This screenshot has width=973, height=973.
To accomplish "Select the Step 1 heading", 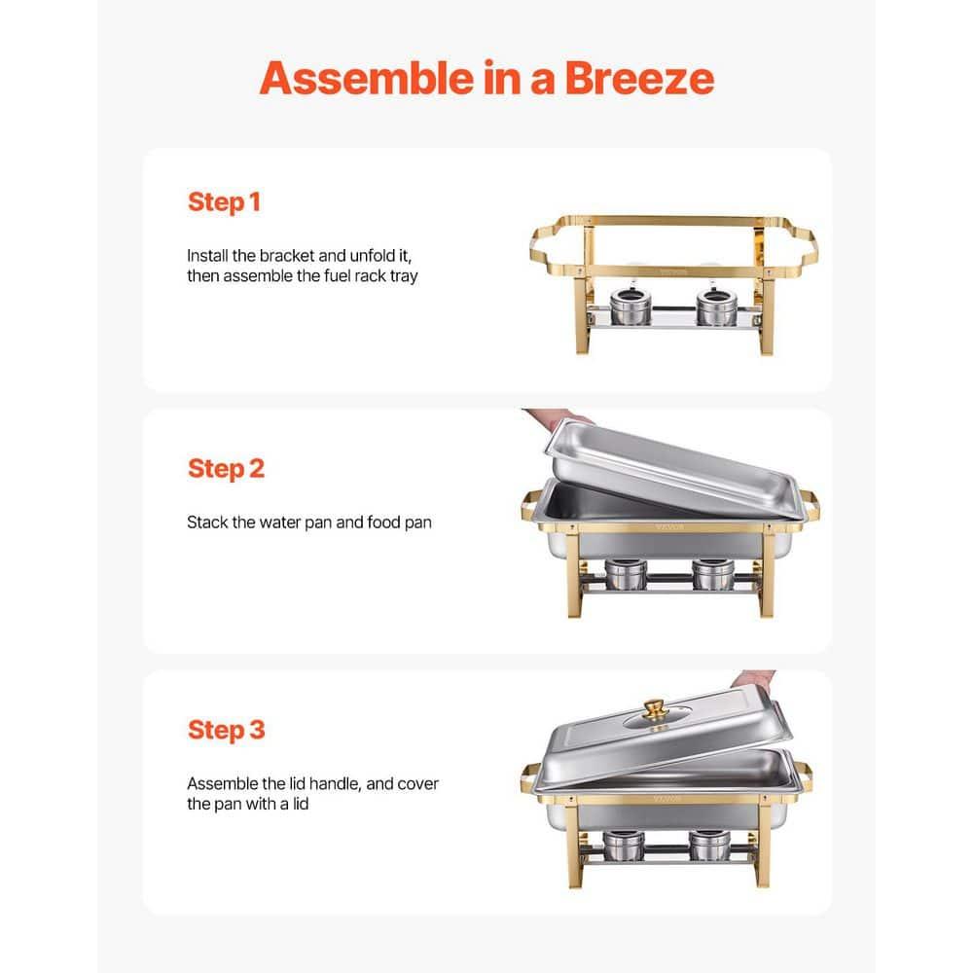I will pos(224,202).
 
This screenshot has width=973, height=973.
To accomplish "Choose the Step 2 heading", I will pos(226,468).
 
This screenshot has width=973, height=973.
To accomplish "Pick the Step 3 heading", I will pos(226,730).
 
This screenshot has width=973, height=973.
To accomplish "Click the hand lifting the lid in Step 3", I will pos(754,678).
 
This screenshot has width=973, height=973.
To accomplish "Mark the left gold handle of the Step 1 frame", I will pos(545,243).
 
